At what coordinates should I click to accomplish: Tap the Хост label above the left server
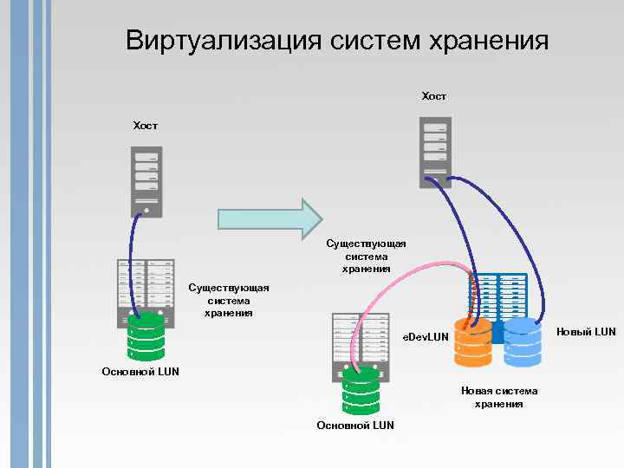click(x=146, y=127)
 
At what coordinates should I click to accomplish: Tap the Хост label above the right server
click(x=434, y=96)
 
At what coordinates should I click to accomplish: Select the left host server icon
click(x=146, y=180)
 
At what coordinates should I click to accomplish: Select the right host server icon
click(x=435, y=152)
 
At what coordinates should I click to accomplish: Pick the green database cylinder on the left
click(x=146, y=337)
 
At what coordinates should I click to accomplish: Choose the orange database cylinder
click(x=473, y=343)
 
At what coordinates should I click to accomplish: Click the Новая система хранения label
click(x=499, y=397)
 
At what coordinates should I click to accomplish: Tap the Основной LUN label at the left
click(x=140, y=371)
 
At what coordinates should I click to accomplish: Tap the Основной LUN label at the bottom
click(x=355, y=426)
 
